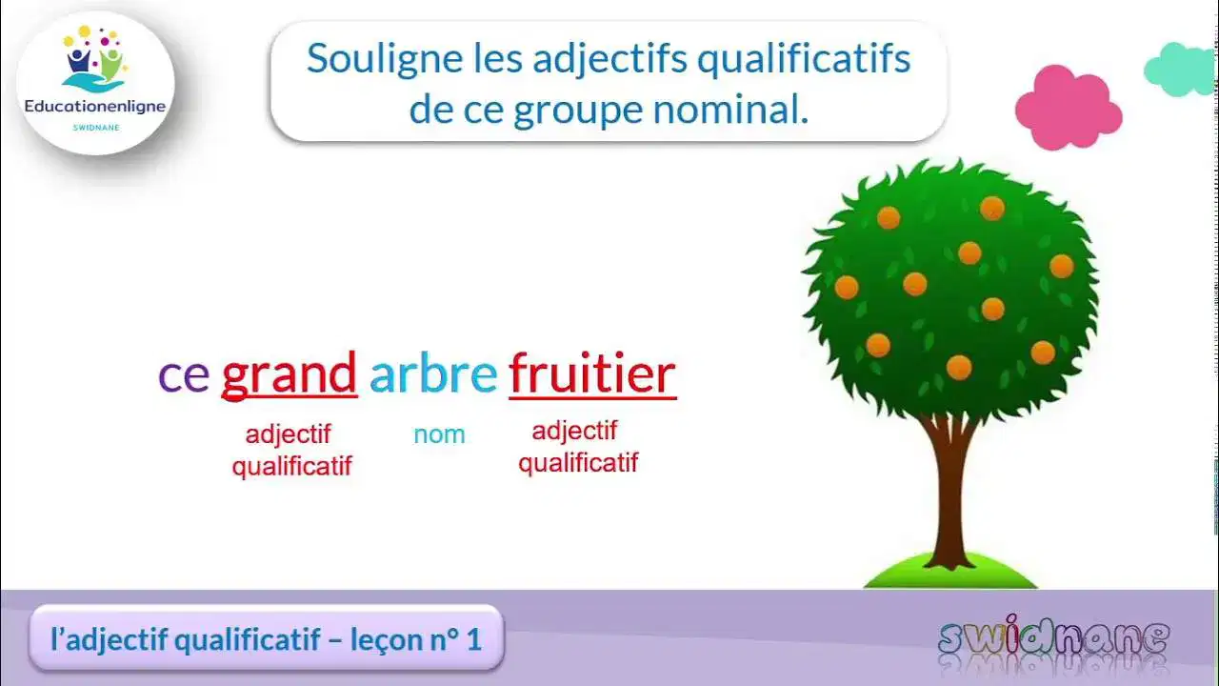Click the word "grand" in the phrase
coord(289,374)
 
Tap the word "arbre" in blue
coord(433,373)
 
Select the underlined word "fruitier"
coord(592,373)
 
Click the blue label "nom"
coord(439,434)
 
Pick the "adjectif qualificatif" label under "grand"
coord(290,450)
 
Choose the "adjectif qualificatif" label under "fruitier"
coord(577,447)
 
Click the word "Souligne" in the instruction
coord(368,59)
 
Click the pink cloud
coord(1067,108)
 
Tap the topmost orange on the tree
coord(991,207)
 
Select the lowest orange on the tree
coord(958,367)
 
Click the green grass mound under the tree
coord(949,574)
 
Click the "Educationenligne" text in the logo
coord(95,107)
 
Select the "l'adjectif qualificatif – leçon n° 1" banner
coord(266,638)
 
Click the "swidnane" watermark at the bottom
coord(1052,639)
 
